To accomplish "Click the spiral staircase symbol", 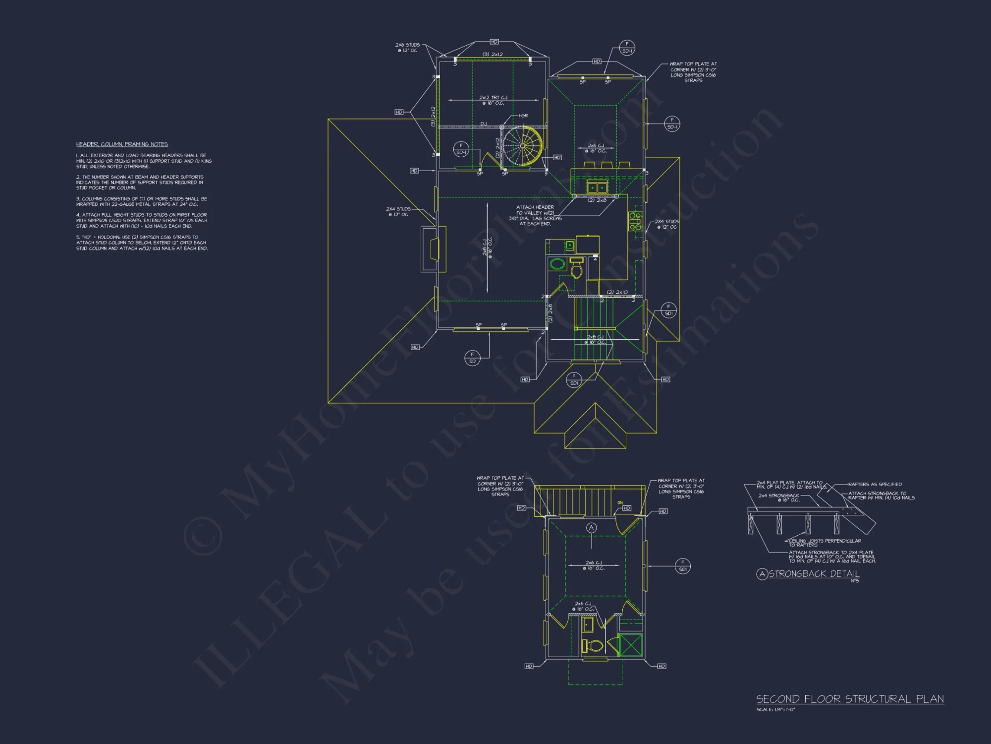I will [x=523, y=146].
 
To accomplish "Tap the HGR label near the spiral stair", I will [x=523, y=116].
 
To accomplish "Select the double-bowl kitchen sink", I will [x=597, y=187].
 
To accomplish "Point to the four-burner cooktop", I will [x=635, y=221].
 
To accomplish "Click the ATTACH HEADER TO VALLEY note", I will [x=535, y=215].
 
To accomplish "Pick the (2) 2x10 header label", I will [x=617, y=292].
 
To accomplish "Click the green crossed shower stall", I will [x=631, y=645].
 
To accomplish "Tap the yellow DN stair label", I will [x=620, y=503].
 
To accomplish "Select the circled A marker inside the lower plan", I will [x=591, y=528].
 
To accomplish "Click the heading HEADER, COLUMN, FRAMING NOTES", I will [x=122, y=144].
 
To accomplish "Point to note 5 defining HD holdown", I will [x=142, y=243].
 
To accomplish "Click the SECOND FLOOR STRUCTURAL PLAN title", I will [x=850, y=699].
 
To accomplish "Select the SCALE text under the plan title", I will [x=775, y=710].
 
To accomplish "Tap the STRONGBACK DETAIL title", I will [x=814, y=574].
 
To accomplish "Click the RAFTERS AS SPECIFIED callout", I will [x=875, y=484].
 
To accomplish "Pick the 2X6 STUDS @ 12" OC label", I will [x=407, y=48].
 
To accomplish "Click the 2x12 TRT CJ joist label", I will [x=493, y=100].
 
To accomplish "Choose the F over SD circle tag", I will [x=472, y=358].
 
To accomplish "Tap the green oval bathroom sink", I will [x=557, y=263].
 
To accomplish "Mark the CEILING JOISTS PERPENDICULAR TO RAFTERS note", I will [x=825, y=543].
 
